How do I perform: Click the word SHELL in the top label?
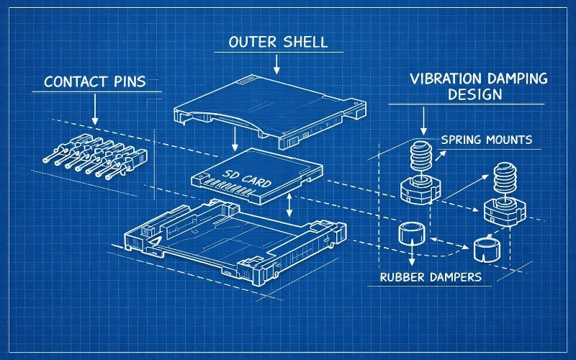coord(305,42)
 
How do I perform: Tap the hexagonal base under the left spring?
coord(420,189)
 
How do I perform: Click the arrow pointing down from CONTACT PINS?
coord(94,108)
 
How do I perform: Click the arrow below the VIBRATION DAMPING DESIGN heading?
coord(423,120)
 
